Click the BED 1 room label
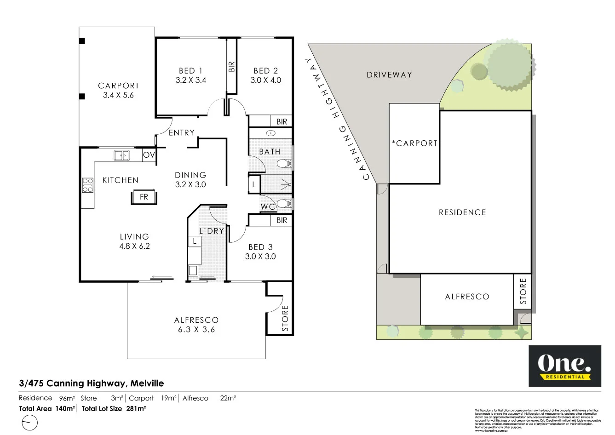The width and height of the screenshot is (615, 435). pos(190,70)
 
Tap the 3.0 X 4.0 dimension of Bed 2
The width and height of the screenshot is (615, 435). pos(265,80)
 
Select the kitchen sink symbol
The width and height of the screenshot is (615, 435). pos(122,155)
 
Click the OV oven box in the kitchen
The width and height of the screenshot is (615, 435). pos(149,155)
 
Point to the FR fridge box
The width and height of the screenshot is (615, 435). pos(144,197)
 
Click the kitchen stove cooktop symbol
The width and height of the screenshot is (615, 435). pos(87,185)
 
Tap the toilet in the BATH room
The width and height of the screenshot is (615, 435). pos(284,163)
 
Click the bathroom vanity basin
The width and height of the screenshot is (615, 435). pos(271,133)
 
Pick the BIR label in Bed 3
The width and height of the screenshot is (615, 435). pos(282,220)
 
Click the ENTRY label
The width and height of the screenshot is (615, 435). pos(181,132)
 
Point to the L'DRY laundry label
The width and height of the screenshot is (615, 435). pos(212,231)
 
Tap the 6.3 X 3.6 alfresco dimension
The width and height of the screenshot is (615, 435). pos(196,329)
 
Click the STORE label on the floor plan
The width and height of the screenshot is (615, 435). pos(285,318)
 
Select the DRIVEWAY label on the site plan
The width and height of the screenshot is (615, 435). pos(389,74)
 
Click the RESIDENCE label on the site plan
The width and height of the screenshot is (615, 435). pos(462,212)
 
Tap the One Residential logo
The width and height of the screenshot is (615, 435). pos(564,366)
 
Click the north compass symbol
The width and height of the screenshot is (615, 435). pos(29,422)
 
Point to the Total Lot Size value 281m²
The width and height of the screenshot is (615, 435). pos(136,408)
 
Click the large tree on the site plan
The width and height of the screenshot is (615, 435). pos(509,64)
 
